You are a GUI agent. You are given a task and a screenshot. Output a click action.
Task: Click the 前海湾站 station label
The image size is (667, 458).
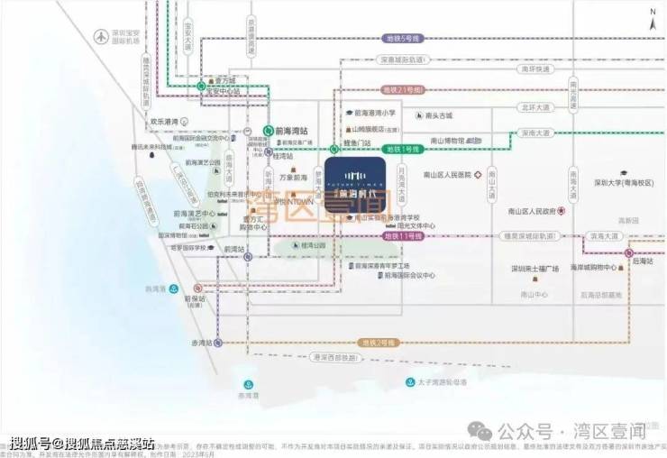(292, 131)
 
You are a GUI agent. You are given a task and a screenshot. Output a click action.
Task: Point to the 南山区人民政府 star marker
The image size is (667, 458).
(561, 211)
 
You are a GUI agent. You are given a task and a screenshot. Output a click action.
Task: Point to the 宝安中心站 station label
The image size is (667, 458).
(224, 91)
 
